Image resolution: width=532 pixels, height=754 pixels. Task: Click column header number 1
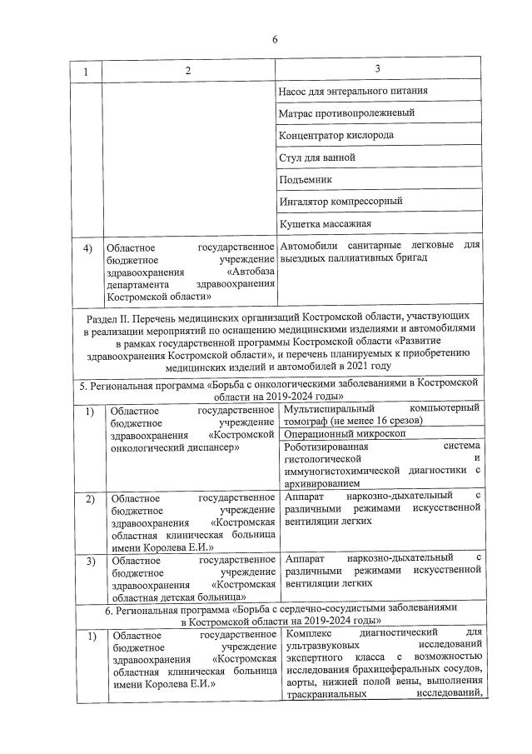click(x=85, y=72)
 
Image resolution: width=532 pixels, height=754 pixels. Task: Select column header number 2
click(x=188, y=72)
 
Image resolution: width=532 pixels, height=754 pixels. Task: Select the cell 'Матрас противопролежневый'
click(x=349, y=112)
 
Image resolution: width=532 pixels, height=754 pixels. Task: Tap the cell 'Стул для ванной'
click(x=319, y=157)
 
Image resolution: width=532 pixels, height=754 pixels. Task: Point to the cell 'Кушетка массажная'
click(x=327, y=223)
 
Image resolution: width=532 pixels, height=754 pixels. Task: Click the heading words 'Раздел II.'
click(x=112, y=317)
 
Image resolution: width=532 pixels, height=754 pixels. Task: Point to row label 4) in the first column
click(x=86, y=247)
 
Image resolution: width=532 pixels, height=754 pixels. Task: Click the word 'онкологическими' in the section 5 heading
click(x=286, y=382)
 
